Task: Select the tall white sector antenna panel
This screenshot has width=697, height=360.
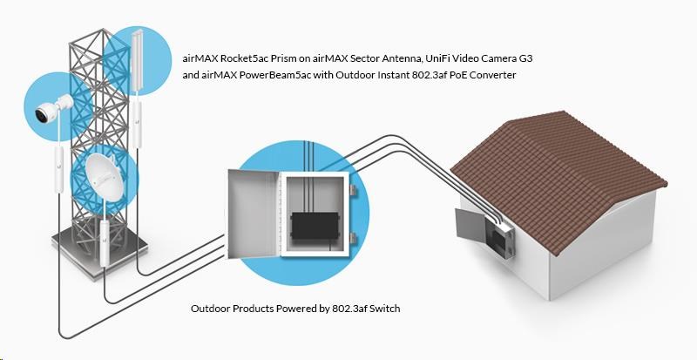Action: click(140, 58)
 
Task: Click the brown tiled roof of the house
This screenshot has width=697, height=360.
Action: click(558, 166)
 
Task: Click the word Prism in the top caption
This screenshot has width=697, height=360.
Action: click(292, 58)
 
